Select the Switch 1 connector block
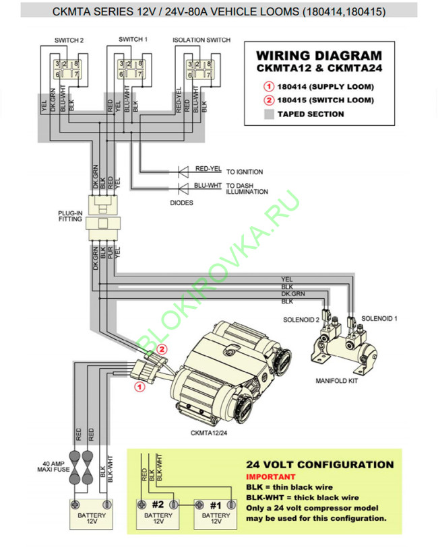pos(131,69)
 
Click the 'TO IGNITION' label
pos(245,172)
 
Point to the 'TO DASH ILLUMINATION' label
pos(247,188)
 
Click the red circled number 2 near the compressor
pos(161,349)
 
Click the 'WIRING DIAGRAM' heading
pos(319,55)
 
